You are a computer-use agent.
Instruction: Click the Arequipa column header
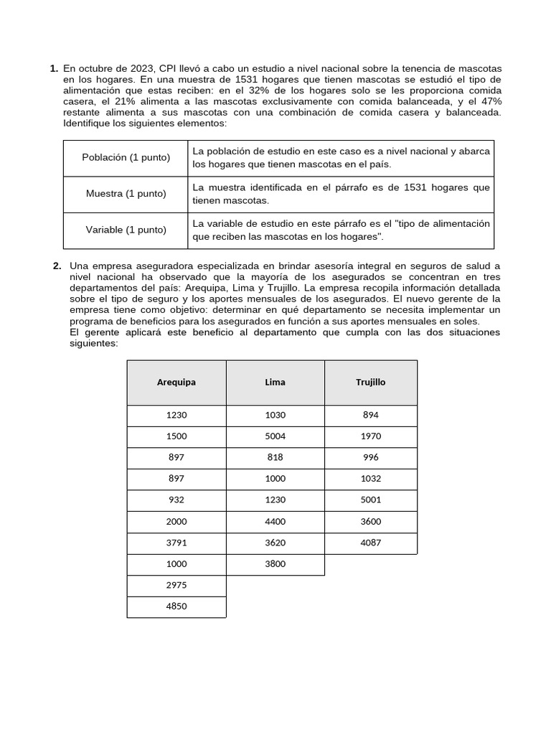pyautogui.click(x=176, y=382)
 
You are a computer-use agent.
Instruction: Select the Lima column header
pyautogui.click(x=275, y=382)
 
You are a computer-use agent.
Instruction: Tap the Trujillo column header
pyautogui.click(x=371, y=382)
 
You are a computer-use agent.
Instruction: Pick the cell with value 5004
pyautogui.click(x=275, y=436)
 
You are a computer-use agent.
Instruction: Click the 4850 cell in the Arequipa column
pyautogui.click(x=176, y=607)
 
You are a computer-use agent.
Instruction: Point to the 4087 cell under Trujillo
pyautogui.click(x=371, y=543)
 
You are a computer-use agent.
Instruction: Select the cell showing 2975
pyautogui.click(x=176, y=586)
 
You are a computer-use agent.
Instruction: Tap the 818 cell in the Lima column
pyautogui.click(x=275, y=457)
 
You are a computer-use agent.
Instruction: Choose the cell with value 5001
pyautogui.click(x=371, y=500)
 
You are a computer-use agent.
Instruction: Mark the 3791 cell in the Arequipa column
pyautogui.click(x=176, y=543)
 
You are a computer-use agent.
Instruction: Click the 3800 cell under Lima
pyautogui.click(x=275, y=564)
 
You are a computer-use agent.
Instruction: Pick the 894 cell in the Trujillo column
pyautogui.click(x=371, y=415)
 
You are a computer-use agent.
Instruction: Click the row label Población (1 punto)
pyautogui.click(x=126, y=157)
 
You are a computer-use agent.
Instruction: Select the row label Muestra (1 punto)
pyautogui.click(x=126, y=194)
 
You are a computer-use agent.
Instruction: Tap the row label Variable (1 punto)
pyautogui.click(x=126, y=230)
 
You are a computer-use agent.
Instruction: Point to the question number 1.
pyautogui.click(x=54, y=69)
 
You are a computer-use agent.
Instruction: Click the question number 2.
pyautogui.click(x=57, y=266)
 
